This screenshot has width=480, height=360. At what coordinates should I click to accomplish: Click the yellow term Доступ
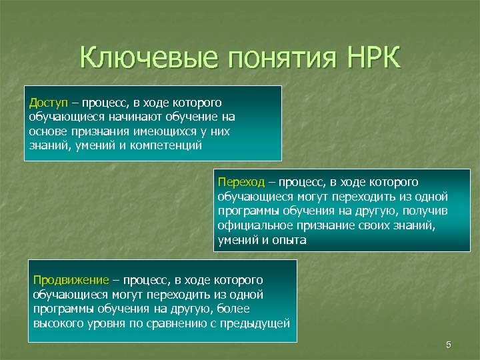(x=49, y=103)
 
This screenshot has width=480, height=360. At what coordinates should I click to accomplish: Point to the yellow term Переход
(x=241, y=182)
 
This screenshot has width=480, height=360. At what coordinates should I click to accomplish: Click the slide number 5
(x=449, y=345)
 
